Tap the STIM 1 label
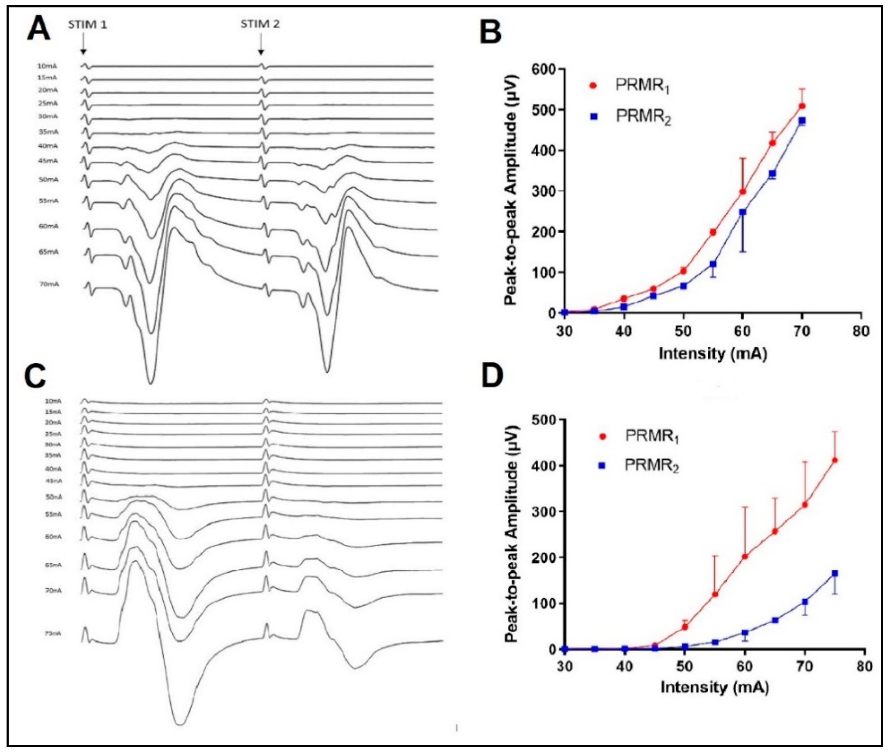tap(87, 25)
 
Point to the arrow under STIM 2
tap(261, 45)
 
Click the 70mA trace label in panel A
tap(49, 285)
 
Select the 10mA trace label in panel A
tap(47, 66)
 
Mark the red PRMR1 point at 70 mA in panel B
tap(802, 106)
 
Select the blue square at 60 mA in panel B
tap(742, 212)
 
